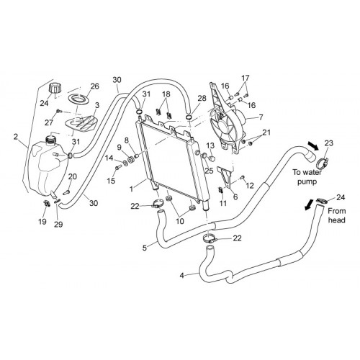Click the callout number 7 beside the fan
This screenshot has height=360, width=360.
(261, 117)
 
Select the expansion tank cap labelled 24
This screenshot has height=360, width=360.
(55, 88)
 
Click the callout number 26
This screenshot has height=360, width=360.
(95, 86)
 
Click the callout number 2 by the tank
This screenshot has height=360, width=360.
(16, 137)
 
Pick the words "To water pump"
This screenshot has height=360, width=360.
(307, 177)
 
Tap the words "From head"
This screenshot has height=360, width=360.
(337, 215)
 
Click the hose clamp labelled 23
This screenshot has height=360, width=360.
(323, 163)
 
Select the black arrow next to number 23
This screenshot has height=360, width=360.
(312, 145)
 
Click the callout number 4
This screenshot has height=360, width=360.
(182, 275)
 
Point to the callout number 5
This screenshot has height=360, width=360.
(145, 248)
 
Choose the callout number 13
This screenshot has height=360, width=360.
(210, 145)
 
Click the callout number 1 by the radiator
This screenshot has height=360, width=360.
(131, 189)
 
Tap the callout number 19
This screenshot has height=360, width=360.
(42, 221)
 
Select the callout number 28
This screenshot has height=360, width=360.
(202, 98)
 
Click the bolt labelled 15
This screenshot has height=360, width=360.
(117, 168)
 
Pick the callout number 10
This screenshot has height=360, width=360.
(180, 221)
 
